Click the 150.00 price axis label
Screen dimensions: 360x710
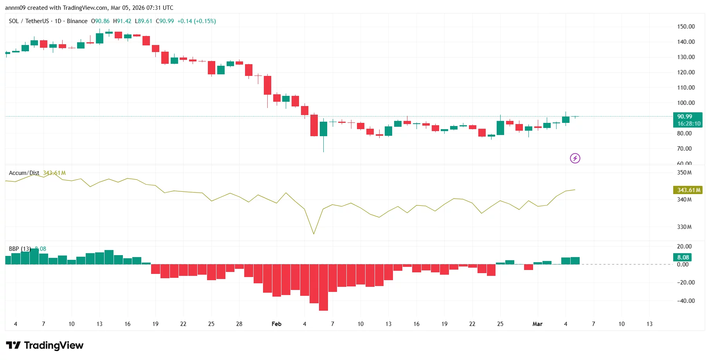[x=686, y=27]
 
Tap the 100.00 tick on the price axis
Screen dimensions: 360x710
[x=686, y=103]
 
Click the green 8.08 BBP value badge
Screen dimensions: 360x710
[x=683, y=257]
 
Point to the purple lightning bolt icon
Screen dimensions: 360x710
[x=575, y=158]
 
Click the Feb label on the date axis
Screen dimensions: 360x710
[x=276, y=324]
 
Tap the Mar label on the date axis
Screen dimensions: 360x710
[x=537, y=324]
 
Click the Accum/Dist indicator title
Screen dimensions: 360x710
[x=24, y=173]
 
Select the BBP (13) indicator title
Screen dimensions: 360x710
[x=20, y=249]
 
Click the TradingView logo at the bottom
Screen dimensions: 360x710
[x=45, y=345]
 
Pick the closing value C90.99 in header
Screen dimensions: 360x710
[x=165, y=21]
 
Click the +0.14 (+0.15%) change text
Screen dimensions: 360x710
[x=196, y=21]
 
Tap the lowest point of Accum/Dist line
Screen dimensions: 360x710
[x=314, y=234]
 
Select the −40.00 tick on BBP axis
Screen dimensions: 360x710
[x=686, y=301]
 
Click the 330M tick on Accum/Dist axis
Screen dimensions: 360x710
[x=684, y=227]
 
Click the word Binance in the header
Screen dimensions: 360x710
[x=77, y=21]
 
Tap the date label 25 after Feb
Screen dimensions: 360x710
[x=500, y=324]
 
